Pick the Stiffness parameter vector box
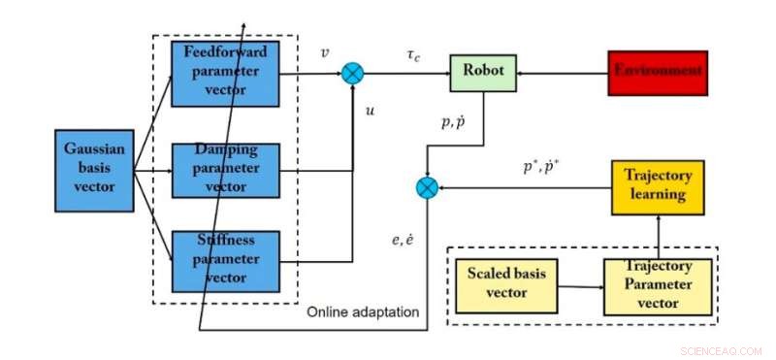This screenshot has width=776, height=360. (225, 260)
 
